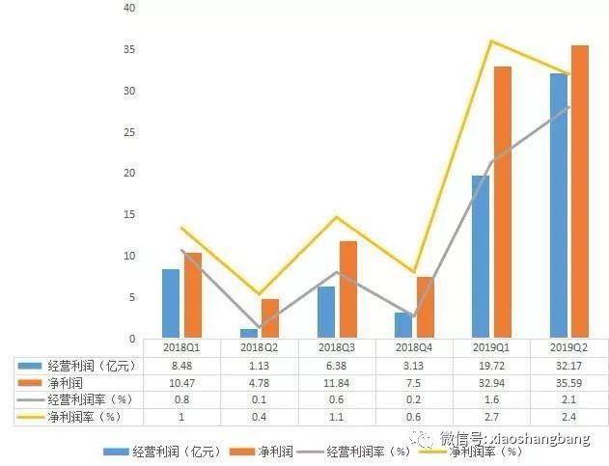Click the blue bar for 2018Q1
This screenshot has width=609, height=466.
[x=171, y=303]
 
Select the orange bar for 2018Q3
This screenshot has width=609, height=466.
[x=348, y=289]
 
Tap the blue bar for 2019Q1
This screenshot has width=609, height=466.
[x=481, y=257]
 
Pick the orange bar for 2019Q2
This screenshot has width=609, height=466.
[x=580, y=191]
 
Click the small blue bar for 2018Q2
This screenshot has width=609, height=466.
[x=249, y=333]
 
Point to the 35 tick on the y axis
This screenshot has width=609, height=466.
[x=129, y=49]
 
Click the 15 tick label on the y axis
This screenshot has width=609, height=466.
[x=129, y=214]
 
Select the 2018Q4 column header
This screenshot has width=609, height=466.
[x=414, y=347]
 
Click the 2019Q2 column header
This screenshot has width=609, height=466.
[x=568, y=347]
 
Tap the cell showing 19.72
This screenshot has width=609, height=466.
[x=491, y=366]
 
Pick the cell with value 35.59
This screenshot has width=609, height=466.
[x=568, y=383]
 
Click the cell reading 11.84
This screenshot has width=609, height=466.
[x=336, y=383]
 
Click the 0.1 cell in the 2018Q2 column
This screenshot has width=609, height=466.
[x=259, y=399]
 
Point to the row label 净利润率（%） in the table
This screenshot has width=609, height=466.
[x=84, y=417]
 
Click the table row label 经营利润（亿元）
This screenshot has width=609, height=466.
[x=92, y=366]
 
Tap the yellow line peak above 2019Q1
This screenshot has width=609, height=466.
[x=491, y=41]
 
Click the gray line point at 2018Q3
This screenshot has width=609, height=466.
[x=337, y=272]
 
